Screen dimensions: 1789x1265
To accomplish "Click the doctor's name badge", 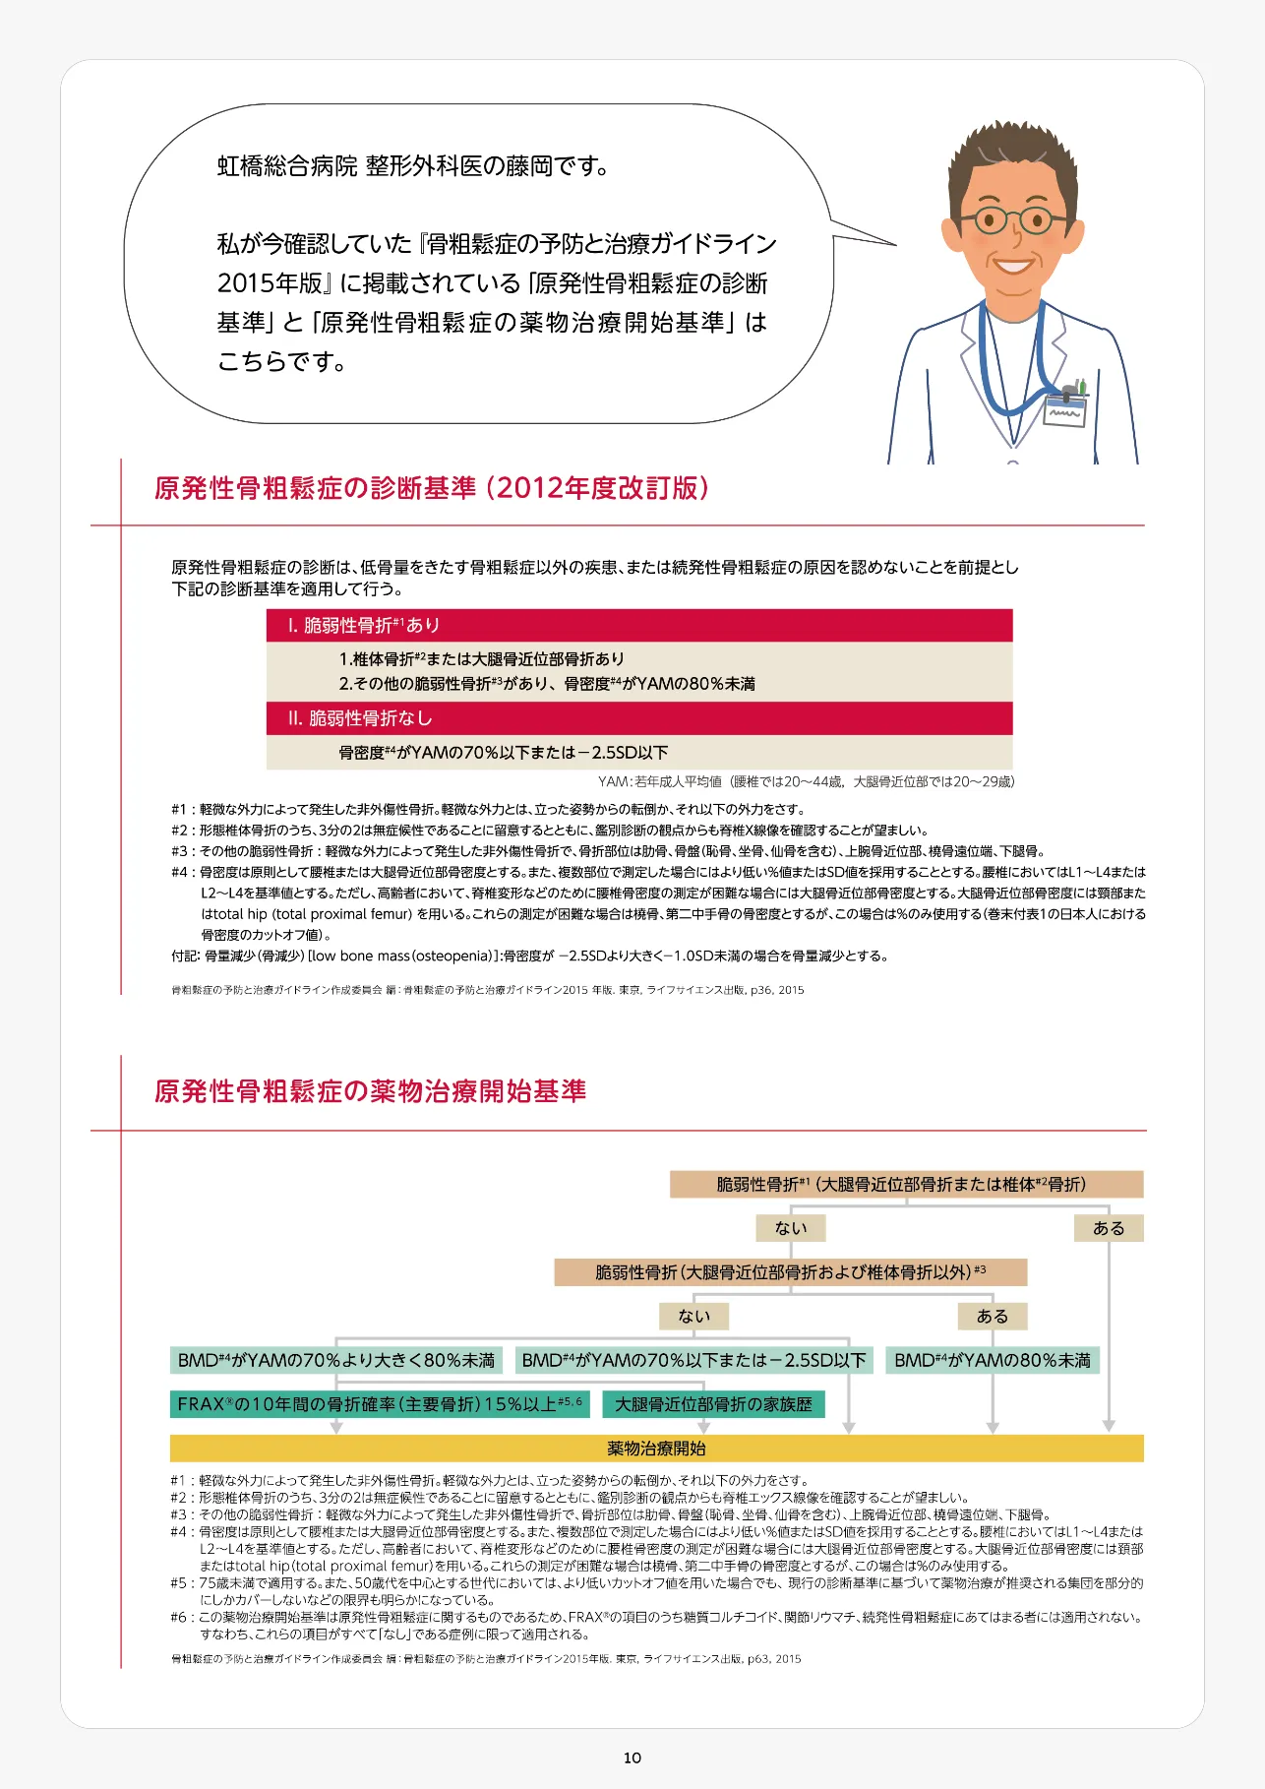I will pyautogui.click(x=1065, y=408).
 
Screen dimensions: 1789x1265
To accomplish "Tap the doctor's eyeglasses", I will pyautogui.click(x=1007, y=218).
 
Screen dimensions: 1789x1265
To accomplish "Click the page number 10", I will pyautogui.click(x=632, y=1758).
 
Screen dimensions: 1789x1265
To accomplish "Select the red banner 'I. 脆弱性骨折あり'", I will pyautogui.click(x=639, y=626).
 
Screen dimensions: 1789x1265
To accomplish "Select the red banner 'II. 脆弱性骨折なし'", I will pyautogui.click(x=639, y=718).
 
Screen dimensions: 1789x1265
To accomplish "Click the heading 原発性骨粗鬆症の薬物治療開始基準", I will pyautogui.click(x=370, y=1091).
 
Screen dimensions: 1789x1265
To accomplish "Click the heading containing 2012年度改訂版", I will pyautogui.click(x=431, y=488).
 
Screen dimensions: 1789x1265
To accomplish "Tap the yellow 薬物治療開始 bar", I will pyautogui.click(x=656, y=1449).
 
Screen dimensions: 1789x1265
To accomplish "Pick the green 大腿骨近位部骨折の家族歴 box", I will pyautogui.click(x=713, y=1404).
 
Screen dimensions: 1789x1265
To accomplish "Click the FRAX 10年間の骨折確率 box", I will pyautogui.click(x=380, y=1404).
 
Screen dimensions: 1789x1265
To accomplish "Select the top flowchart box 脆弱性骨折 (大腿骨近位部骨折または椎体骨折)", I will pyautogui.click(x=906, y=1184).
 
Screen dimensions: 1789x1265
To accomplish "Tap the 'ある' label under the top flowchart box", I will pyautogui.click(x=1109, y=1228).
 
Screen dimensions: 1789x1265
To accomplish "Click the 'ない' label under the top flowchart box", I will pyautogui.click(x=791, y=1228).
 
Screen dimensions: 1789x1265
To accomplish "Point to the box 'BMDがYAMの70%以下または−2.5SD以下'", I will pyautogui.click(x=693, y=1360).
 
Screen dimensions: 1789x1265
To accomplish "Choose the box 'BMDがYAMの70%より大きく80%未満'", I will pyautogui.click(x=336, y=1360).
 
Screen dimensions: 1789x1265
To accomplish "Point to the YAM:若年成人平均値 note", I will pyautogui.click(x=806, y=781).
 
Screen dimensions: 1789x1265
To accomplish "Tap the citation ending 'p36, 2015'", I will pyautogui.click(x=488, y=990).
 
